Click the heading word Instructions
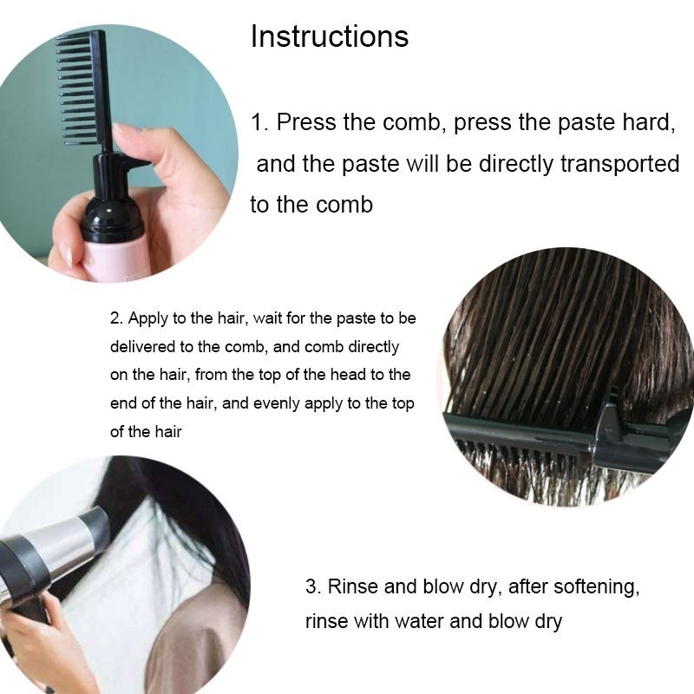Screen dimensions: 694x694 coord(330,36)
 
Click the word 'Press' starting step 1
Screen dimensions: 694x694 coord(306,121)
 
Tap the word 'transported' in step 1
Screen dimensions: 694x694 coord(619,164)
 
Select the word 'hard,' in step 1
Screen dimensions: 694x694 coord(649,122)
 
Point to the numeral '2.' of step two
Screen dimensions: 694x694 coord(116,318)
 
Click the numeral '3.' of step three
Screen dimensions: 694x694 coord(313,586)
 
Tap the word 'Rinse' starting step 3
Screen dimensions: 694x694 coord(353,586)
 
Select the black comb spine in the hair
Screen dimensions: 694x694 coord(522,431)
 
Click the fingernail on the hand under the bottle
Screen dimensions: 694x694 coord(68,254)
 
